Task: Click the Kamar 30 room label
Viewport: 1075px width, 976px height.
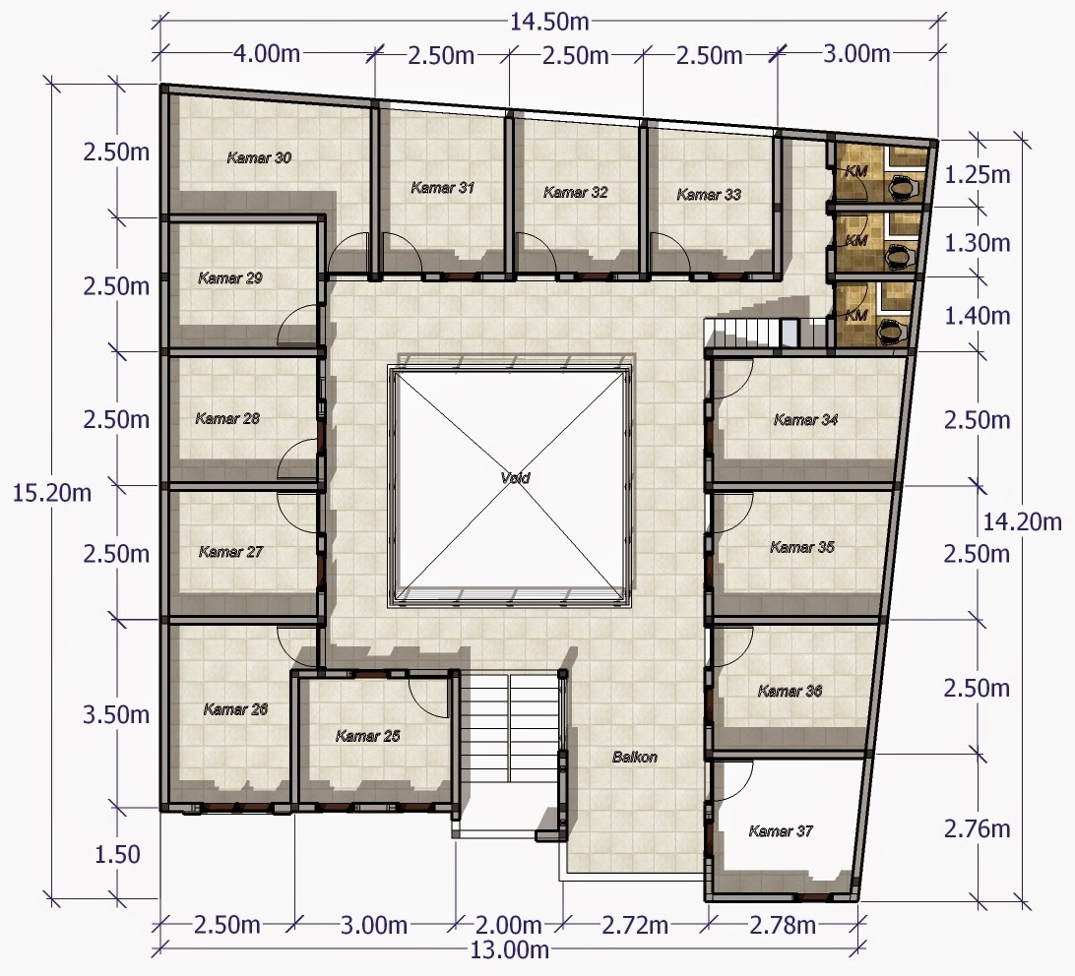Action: click(259, 157)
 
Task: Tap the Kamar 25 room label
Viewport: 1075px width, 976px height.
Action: click(367, 736)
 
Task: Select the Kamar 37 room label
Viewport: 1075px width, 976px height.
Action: click(781, 831)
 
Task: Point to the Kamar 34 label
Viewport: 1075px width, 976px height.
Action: click(805, 420)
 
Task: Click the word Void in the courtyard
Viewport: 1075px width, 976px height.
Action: click(515, 478)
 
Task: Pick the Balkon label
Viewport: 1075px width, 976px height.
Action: click(634, 757)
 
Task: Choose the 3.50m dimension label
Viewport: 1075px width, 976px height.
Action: click(116, 714)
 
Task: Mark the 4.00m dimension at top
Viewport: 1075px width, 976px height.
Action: click(267, 53)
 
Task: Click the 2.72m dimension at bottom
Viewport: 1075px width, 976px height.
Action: click(634, 925)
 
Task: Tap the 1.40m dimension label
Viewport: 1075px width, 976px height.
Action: click(978, 316)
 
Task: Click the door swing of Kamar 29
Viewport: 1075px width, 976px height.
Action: click(299, 326)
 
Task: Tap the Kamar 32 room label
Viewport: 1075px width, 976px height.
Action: click(575, 193)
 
